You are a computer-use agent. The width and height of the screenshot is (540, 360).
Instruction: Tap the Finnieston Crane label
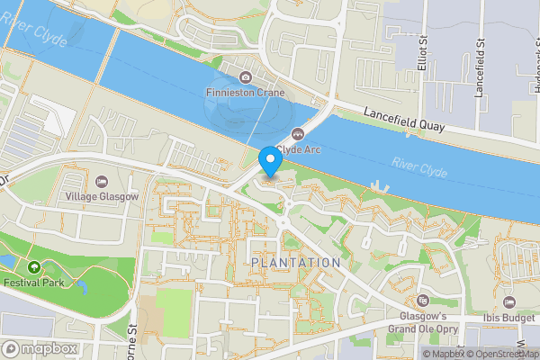[x=246, y=93]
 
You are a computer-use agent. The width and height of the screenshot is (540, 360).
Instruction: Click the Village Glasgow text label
[x=102, y=196]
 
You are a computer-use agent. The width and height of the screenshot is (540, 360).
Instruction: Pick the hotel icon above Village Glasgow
[x=101, y=182]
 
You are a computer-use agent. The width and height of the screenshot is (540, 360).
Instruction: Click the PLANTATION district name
[x=296, y=262]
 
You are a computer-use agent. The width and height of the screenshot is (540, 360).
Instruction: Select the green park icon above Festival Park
[x=34, y=266]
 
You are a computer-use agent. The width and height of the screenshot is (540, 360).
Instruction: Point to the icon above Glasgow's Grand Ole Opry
[x=423, y=301]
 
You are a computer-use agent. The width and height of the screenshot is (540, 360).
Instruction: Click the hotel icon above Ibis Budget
[x=509, y=302]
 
